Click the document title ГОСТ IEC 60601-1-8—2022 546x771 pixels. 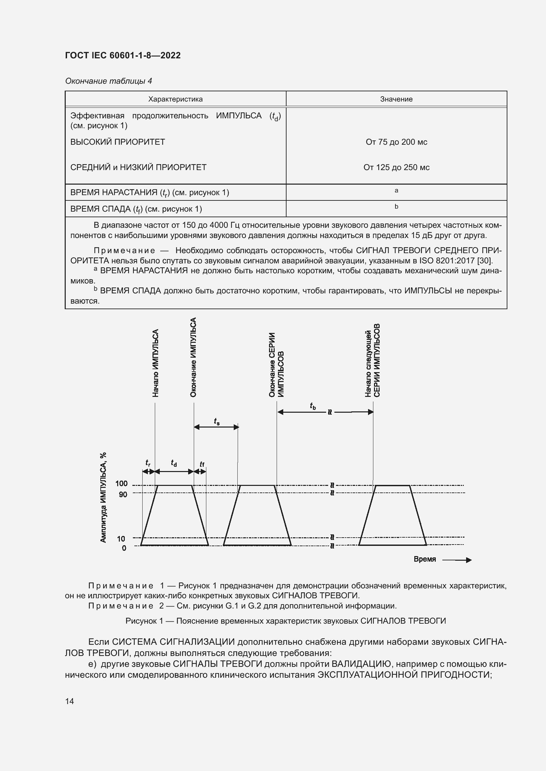click(123, 55)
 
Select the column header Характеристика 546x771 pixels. click(176, 99)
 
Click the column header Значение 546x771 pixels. click(396, 99)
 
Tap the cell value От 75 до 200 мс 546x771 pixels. click(396, 142)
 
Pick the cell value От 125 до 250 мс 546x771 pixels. click(396, 167)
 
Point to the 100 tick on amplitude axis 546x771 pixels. click(121, 484)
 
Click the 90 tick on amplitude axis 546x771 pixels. click(123, 494)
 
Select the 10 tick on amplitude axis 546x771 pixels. click(121, 539)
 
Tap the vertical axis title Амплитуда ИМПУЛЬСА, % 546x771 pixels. click(104, 497)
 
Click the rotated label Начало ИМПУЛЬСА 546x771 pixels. click(155, 363)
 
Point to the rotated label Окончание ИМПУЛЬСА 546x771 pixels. click(193, 357)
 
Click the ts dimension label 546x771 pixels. click(217, 422)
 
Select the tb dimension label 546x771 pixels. click(313, 406)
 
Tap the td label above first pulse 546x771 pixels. click(174, 463)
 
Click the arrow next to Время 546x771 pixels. click(457, 560)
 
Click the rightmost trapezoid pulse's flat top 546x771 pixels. click(392, 486)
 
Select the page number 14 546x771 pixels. click(70, 701)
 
